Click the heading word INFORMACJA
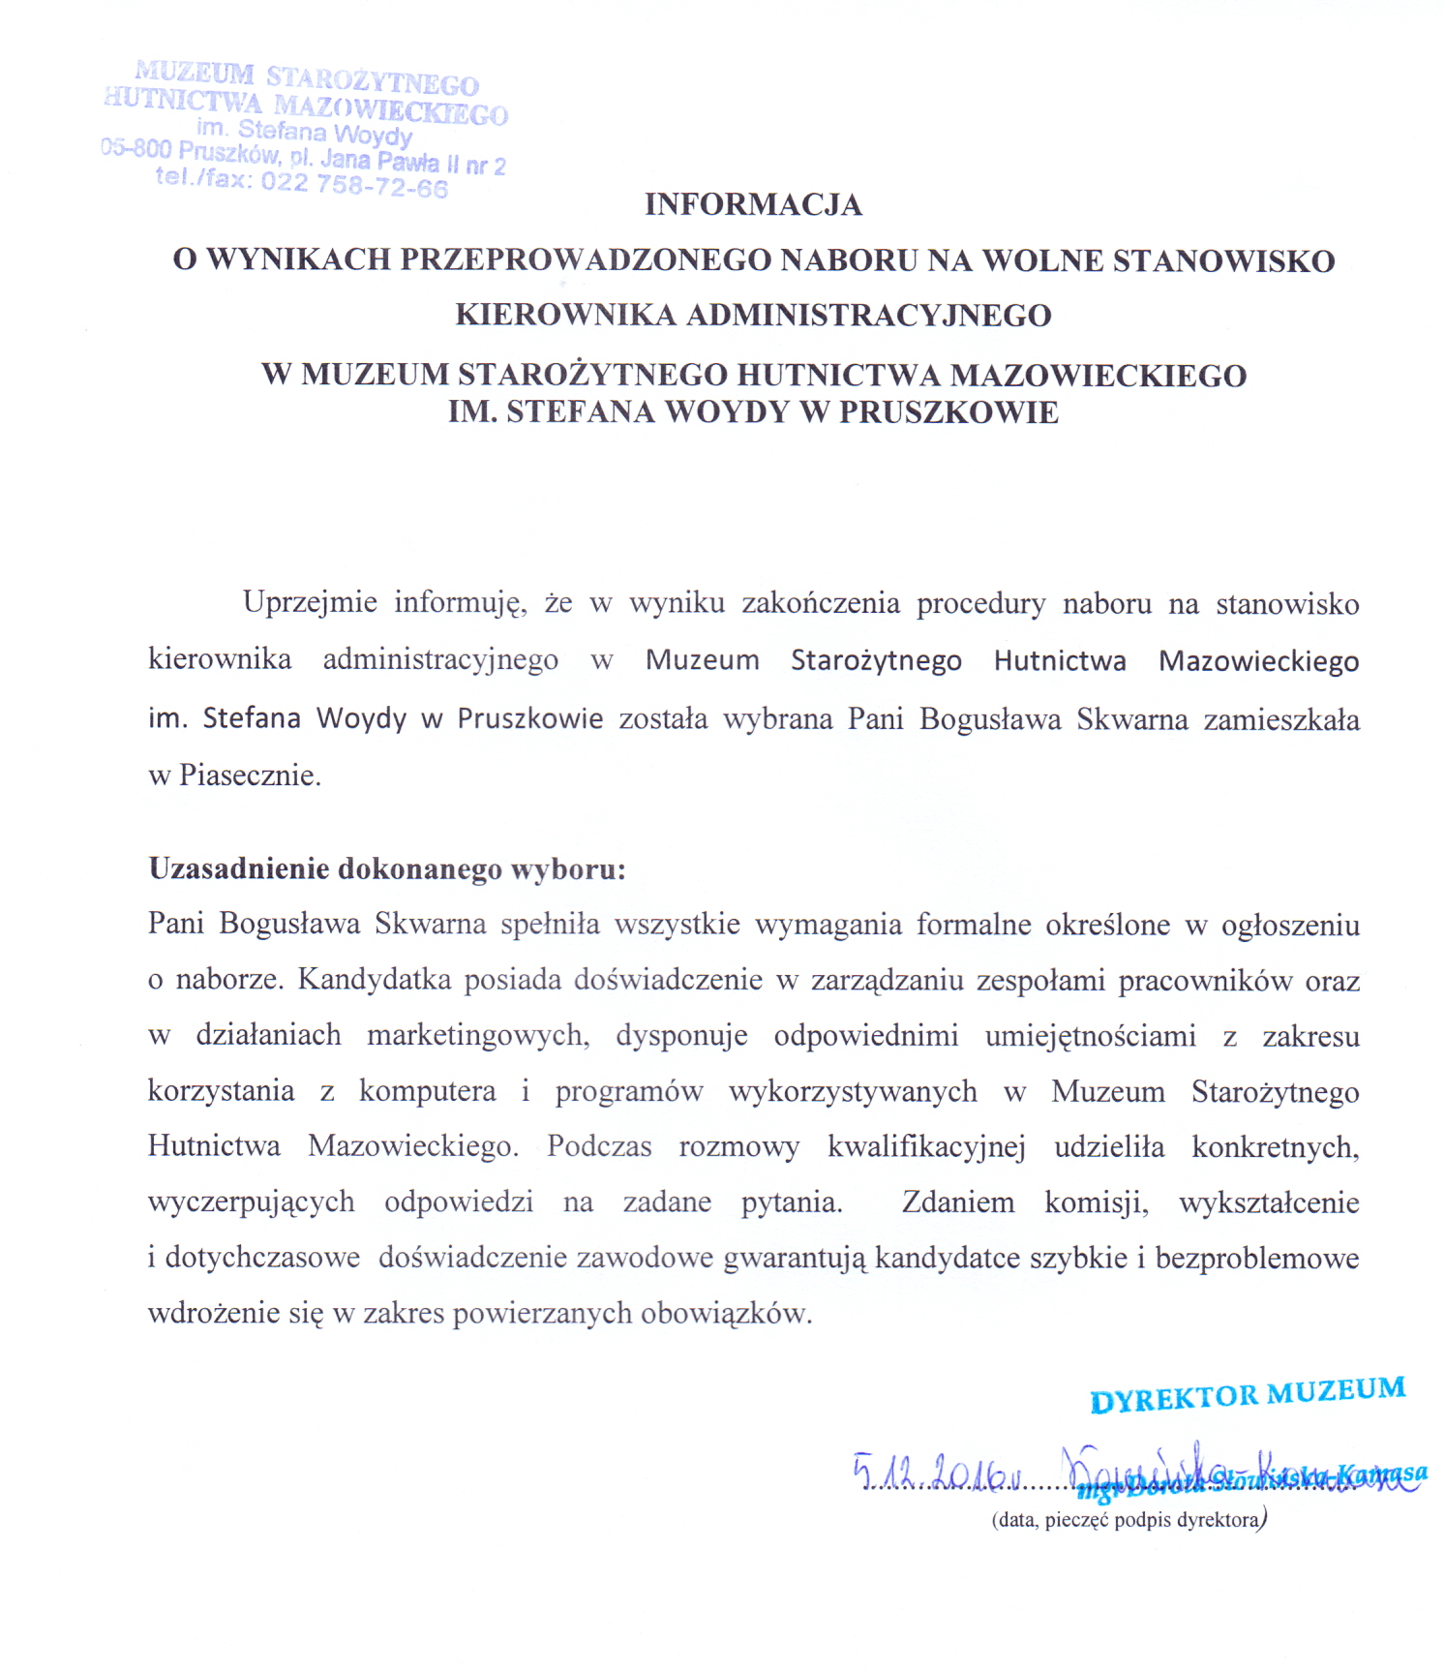point(753,205)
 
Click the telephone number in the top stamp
point(354,183)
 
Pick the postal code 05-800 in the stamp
point(136,149)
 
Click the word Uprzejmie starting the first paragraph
point(310,603)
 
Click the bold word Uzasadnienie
point(238,868)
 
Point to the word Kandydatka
point(375,980)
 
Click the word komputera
point(427,1091)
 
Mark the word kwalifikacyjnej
point(925,1147)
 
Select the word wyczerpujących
point(251,1202)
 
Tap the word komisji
point(1096,1202)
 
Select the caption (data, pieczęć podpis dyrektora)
point(1129,1519)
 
